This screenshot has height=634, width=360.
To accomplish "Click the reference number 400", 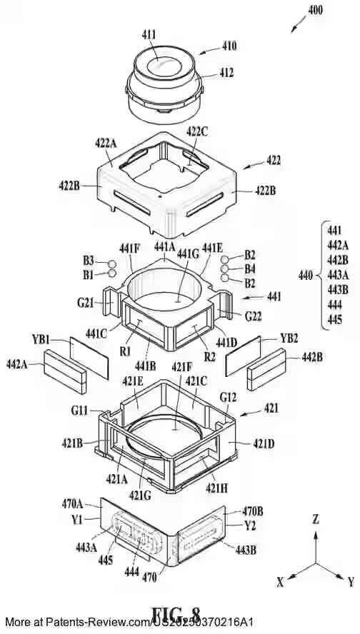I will click(x=314, y=11).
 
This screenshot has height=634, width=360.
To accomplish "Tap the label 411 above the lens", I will click(x=151, y=33).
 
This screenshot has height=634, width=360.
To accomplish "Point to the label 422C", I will click(x=198, y=131).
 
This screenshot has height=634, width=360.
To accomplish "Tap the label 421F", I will click(x=182, y=367).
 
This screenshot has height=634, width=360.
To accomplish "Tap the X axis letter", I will click(x=280, y=582).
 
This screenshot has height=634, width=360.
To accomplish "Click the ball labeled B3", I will click(x=111, y=262).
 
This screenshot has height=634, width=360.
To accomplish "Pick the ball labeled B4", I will click(x=225, y=270).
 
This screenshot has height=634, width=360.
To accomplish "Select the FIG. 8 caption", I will click(x=175, y=616).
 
